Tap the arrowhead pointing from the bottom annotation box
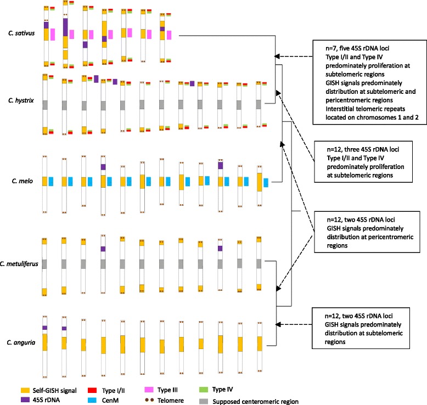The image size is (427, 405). [x=278, y=325]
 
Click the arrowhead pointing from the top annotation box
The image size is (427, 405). [x=278, y=55]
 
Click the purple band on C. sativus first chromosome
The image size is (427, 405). [x=47, y=25]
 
